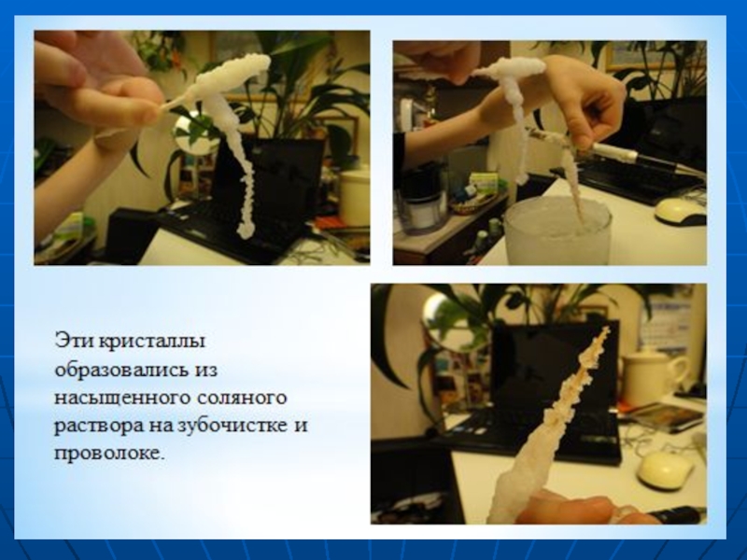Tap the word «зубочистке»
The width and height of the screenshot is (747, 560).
(x=233, y=425)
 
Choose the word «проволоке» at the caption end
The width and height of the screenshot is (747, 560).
(x=109, y=454)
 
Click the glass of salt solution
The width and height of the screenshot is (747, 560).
(x=557, y=231)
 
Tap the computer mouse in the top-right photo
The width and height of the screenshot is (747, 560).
(x=681, y=212)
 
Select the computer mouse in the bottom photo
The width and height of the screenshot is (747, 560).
(x=665, y=470)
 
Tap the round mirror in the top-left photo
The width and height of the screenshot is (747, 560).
(x=194, y=133)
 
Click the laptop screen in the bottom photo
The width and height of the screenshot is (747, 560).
(x=555, y=368)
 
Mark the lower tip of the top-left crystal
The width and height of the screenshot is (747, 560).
(x=245, y=236)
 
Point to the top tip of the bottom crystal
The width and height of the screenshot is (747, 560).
(x=606, y=329)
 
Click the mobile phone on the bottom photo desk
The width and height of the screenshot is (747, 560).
(x=669, y=417)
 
